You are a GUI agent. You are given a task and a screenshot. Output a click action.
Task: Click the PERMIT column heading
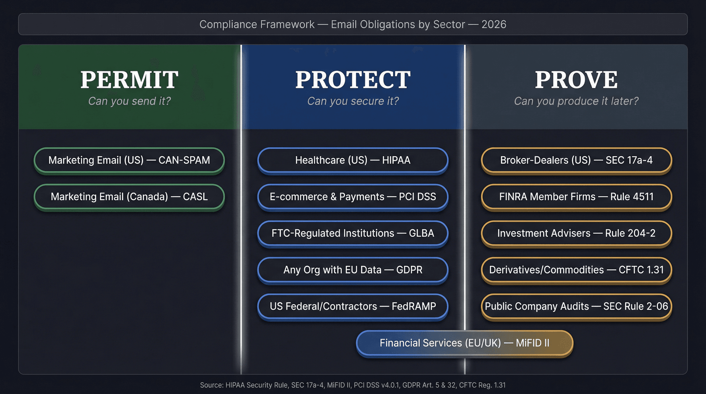tap(129, 80)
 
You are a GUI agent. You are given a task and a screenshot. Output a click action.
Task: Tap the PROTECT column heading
tap(353, 80)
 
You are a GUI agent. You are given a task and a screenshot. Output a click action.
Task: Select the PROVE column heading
tap(576, 80)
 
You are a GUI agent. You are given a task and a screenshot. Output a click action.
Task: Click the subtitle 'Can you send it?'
tap(129, 101)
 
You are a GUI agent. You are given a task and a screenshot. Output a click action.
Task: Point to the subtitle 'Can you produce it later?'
tap(576, 101)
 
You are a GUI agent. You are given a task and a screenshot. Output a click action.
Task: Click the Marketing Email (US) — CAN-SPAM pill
tap(129, 160)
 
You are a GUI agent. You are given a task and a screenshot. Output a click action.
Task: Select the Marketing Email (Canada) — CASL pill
tap(129, 197)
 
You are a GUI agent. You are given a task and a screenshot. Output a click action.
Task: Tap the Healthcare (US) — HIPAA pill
tap(353, 160)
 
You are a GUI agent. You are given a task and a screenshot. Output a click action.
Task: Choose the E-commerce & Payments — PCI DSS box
tap(353, 197)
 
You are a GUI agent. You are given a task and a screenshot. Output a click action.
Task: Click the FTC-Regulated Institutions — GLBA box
tap(353, 233)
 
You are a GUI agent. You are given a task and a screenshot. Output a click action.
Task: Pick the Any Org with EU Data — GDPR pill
tap(353, 270)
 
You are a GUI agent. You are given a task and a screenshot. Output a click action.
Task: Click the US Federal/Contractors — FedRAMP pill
tap(353, 306)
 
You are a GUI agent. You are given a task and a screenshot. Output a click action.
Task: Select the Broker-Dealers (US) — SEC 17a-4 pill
tap(576, 160)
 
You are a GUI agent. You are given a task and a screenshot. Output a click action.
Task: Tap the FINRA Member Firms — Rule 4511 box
tap(576, 197)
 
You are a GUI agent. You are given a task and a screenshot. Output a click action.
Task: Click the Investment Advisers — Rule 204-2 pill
tap(576, 233)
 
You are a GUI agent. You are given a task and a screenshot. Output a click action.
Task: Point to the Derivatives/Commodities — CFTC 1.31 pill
tap(576, 270)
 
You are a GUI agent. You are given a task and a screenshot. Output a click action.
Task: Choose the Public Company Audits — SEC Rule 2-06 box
tap(576, 306)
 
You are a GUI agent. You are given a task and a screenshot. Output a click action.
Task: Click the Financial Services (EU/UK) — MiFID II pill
tap(464, 343)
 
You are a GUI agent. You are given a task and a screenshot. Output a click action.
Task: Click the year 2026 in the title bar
tap(494, 24)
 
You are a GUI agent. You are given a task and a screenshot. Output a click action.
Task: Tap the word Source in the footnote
tap(211, 385)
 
